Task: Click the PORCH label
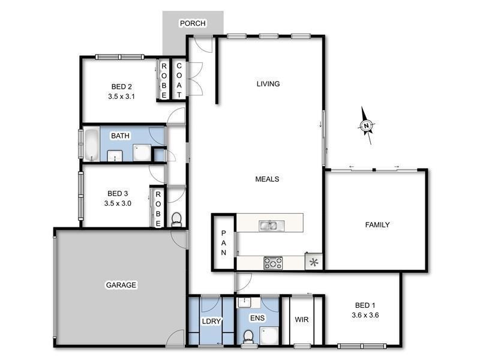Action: (193, 23)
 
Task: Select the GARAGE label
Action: (121, 284)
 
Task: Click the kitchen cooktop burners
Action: (274, 262)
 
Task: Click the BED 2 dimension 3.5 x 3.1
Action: (121, 95)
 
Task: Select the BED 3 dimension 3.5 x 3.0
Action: (118, 203)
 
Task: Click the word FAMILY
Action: (378, 225)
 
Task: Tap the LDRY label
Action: (211, 322)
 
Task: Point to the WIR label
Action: (302, 320)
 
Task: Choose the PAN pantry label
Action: (223, 243)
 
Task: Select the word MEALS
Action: (267, 179)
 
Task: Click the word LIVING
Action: (268, 83)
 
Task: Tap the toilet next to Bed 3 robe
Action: (176, 220)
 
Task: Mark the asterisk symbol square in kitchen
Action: (313, 262)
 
